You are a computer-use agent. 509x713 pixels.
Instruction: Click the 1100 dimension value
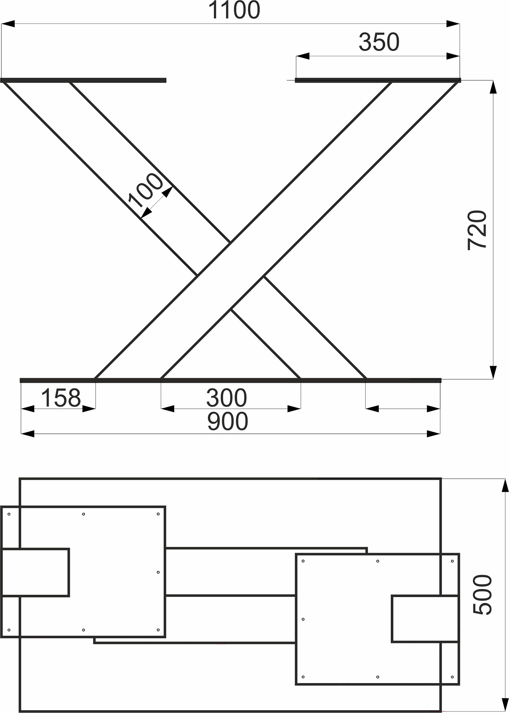[x=234, y=11]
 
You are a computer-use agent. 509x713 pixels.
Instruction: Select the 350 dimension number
[x=379, y=42]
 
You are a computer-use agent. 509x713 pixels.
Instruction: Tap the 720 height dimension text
[x=477, y=230]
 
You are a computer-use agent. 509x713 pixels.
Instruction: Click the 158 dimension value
[x=61, y=398]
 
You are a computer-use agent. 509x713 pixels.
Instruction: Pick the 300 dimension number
[x=227, y=398]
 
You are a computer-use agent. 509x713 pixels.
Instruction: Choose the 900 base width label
[x=227, y=422]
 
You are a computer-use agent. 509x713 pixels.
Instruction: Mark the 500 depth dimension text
[x=483, y=594]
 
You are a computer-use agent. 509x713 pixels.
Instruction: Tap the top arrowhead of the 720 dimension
[x=493, y=87]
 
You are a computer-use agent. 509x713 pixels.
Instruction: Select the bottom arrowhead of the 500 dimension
[x=505, y=705]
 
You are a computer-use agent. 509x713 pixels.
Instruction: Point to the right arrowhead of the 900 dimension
[x=433, y=434]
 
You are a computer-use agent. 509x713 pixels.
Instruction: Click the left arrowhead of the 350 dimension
[x=303, y=56]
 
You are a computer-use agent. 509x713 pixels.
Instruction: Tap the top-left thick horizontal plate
[x=84, y=80]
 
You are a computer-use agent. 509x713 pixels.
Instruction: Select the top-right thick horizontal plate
[x=378, y=80]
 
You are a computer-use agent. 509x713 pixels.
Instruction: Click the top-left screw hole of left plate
[x=9, y=514]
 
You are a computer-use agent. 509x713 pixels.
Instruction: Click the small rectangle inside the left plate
[x=35, y=573]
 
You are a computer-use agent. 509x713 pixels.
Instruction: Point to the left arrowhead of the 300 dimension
[x=168, y=409]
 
